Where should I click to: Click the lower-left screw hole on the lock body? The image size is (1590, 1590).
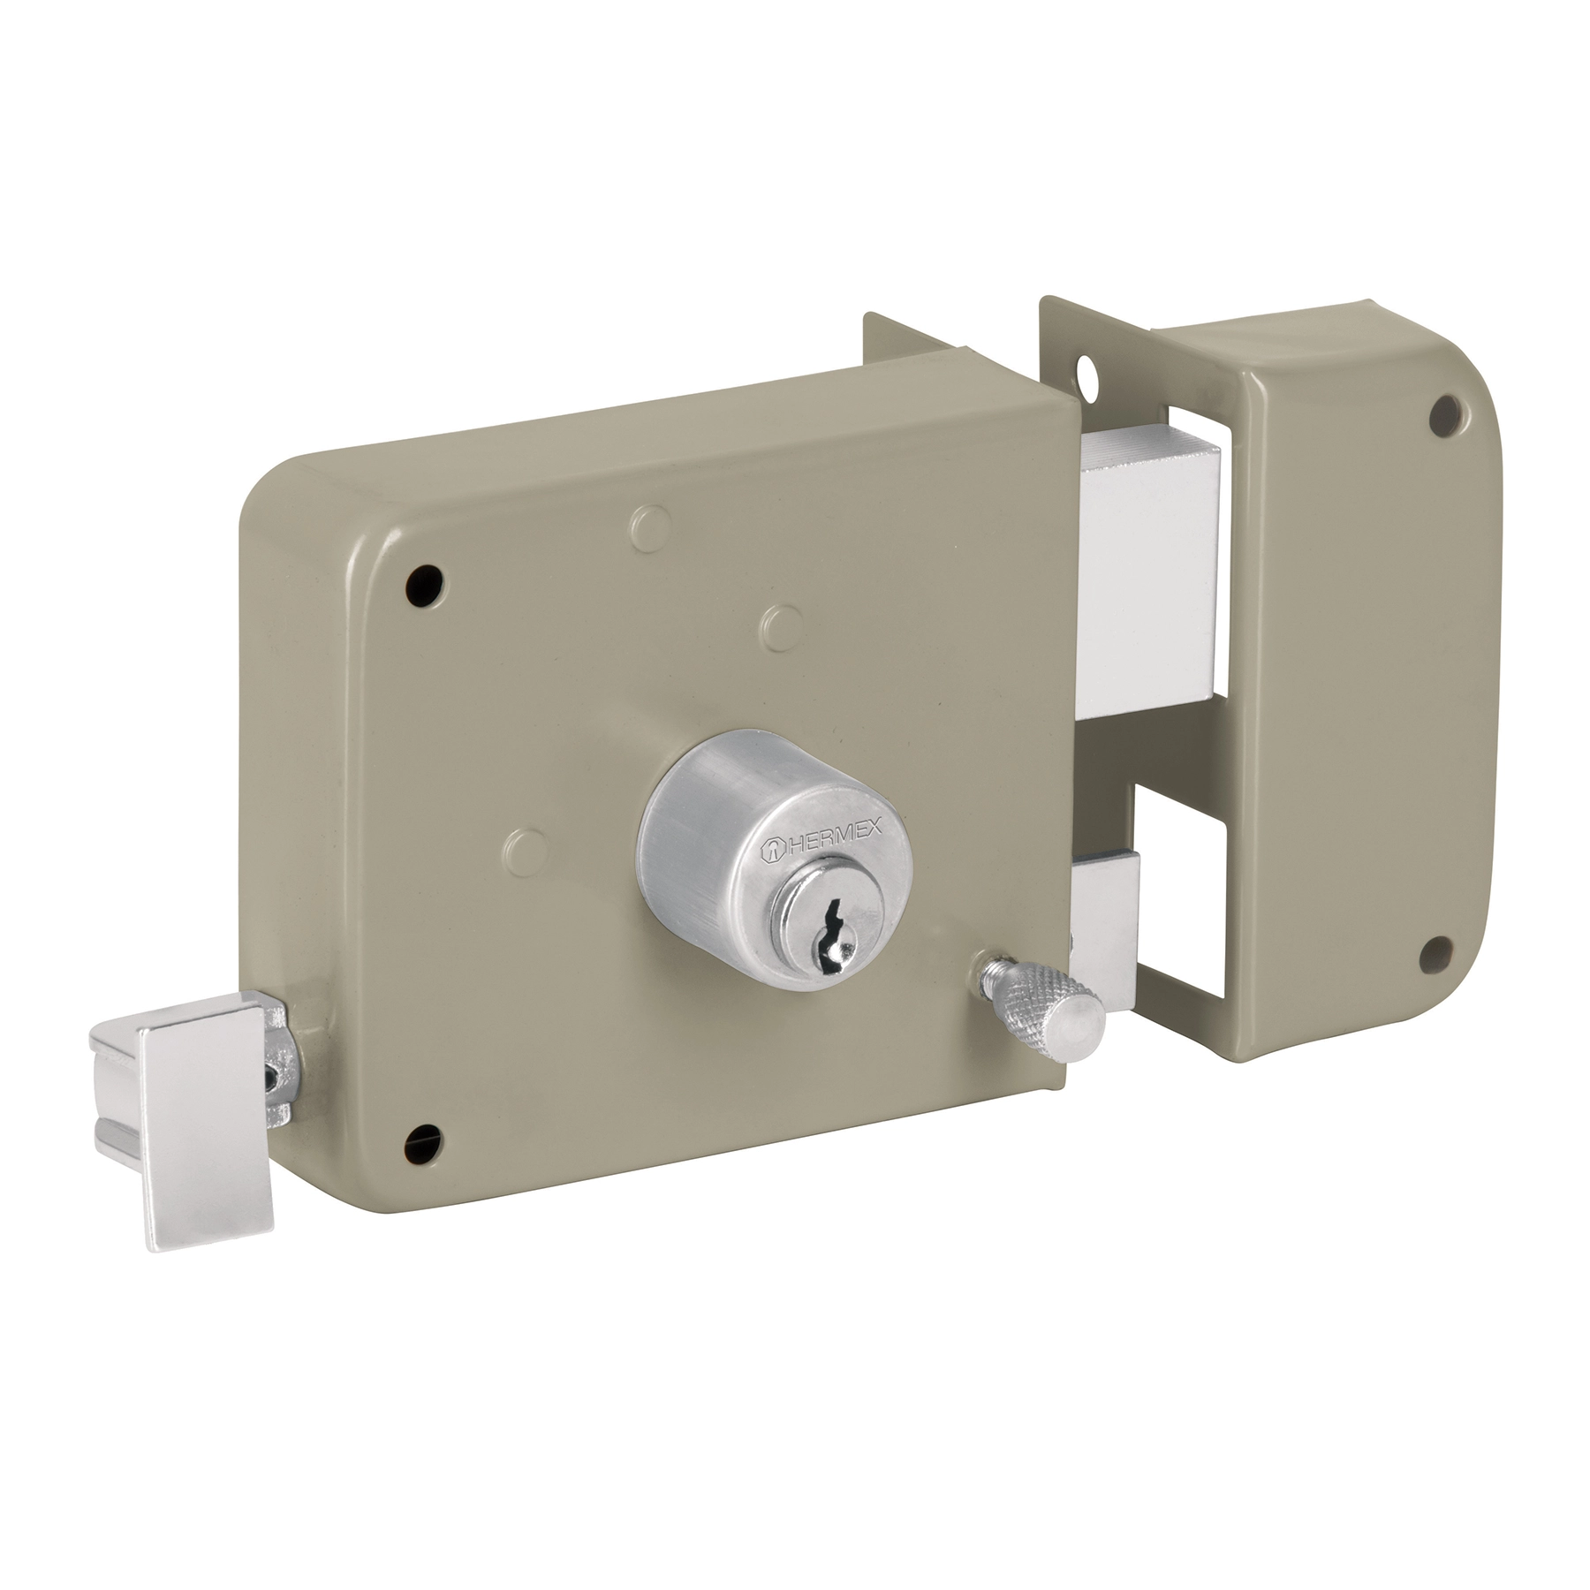(421, 1145)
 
